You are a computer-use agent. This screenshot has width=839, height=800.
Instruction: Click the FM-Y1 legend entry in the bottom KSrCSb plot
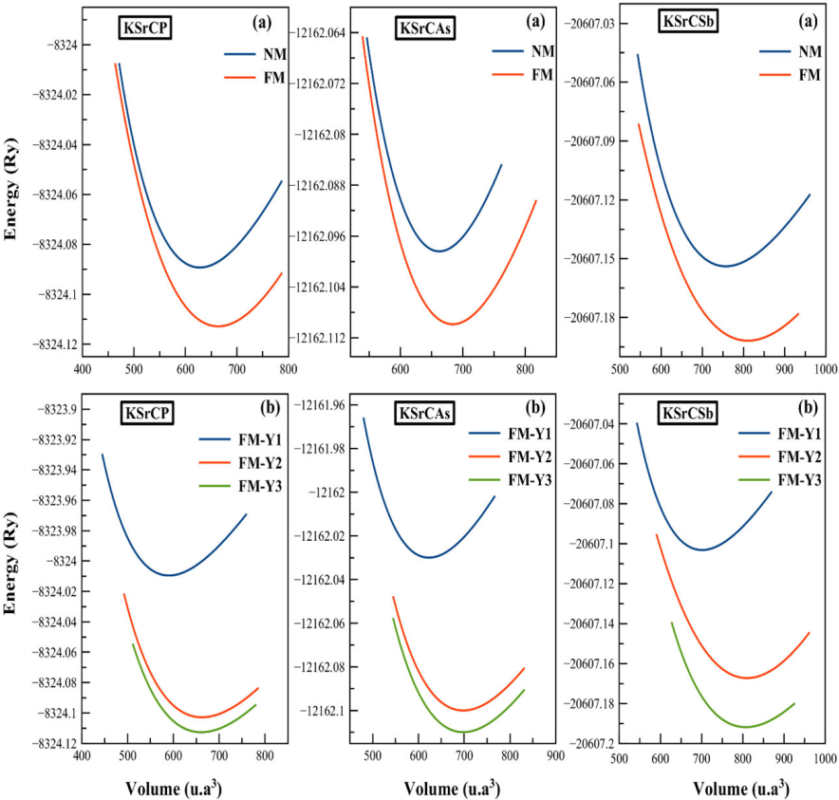[800, 434]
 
